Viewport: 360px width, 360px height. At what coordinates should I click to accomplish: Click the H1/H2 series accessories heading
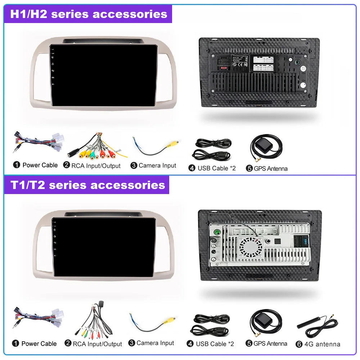(89, 14)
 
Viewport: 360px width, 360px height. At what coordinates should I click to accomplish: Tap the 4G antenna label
(322, 344)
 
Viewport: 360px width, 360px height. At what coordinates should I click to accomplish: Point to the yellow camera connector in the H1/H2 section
(173, 143)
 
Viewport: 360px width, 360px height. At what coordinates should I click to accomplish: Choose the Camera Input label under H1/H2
(157, 166)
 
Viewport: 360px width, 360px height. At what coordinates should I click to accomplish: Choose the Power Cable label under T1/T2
(39, 343)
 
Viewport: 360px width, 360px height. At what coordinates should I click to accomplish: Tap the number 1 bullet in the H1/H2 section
(17, 165)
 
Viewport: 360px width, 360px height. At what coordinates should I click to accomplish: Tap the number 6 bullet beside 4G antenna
(299, 344)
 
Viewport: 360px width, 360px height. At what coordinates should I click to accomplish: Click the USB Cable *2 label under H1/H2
(216, 168)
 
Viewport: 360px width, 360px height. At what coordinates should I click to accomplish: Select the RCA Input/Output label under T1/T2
(97, 344)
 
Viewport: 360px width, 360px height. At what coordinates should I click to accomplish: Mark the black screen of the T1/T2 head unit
(104, 247)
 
